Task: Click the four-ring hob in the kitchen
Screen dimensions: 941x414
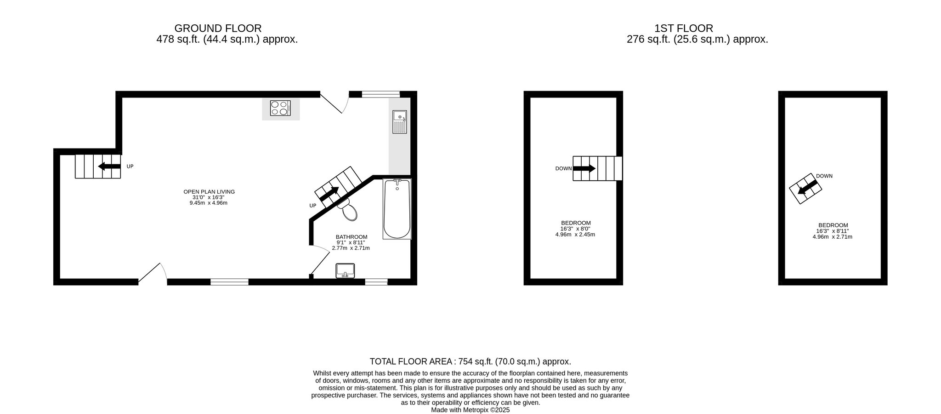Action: click(x=281, y=108)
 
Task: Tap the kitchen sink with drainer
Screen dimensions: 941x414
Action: click(x=399, y=122)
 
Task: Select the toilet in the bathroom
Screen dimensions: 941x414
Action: click(x=349, y=210)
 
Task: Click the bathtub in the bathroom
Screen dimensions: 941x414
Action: click(x=397, y=209)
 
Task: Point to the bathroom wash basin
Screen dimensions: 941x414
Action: click(x=345, y=270)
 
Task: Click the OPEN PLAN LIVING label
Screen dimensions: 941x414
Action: click(x=209, y=192)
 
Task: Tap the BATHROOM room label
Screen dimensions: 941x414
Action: click(x=351, y=237)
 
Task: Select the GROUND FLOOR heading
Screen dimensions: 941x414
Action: click(x=218, y=29)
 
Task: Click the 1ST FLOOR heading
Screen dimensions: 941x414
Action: click(x=684, y=29)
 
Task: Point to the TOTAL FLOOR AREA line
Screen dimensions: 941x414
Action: click(x=470, y=362)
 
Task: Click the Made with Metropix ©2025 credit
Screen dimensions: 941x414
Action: click(x=470, y=410)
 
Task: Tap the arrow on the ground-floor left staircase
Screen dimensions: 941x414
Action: click(x=109, y=166)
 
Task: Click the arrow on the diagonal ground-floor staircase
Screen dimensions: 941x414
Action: click(x=329, y=194)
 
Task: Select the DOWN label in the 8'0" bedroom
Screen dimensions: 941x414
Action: click(x=563, y=168)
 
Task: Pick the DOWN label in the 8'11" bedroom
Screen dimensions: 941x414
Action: click(x=824, y=176)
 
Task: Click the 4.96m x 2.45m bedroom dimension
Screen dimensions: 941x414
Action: click(x=575, y=234)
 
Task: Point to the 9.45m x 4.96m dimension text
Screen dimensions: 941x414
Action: click(x=209, y=203)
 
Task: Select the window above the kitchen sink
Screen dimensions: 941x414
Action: click(x=380, y=94)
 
